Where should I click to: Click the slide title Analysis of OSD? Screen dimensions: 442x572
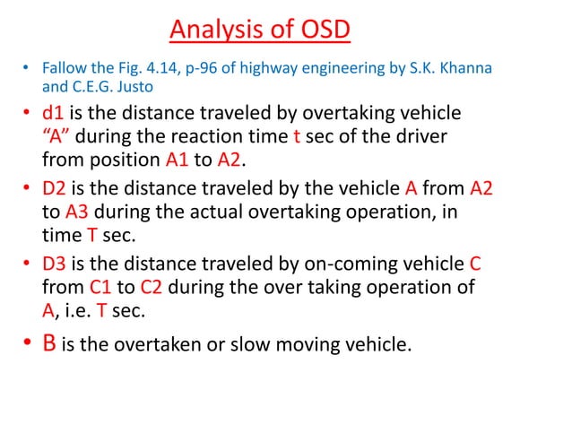pyautogui.click(x=260, y=30)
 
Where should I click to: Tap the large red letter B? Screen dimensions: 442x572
pyautogui.click(x=51, y=342)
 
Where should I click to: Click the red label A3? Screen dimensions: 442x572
pyautogui.click(x=76, y=212)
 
